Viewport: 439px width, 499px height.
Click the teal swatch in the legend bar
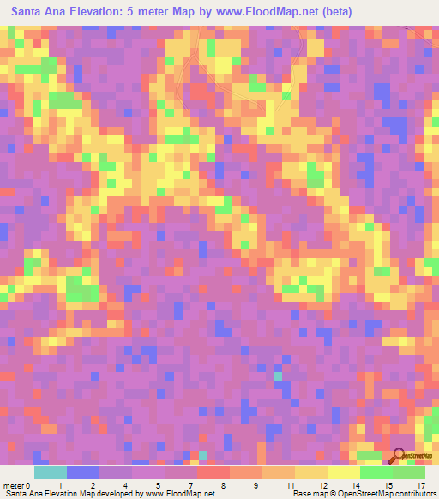(x=51, y=472)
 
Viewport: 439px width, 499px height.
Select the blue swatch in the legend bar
(x=83, y=472)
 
